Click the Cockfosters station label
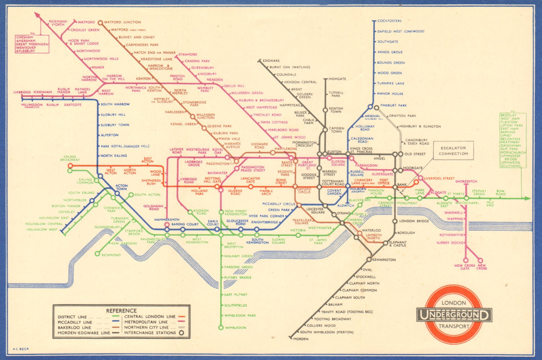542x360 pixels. [389, 21]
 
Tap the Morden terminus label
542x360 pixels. [300, 339]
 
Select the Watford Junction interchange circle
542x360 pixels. [100, 23]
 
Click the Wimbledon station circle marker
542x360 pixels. [221, 327]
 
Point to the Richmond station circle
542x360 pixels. [97, 254]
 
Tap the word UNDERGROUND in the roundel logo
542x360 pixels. [454, 315]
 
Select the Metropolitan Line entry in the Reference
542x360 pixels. [146, 322]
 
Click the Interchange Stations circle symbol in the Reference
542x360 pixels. [182, 333]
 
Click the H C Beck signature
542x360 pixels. [21, 349]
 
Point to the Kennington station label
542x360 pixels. [384, 260]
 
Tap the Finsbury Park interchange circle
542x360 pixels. [376, 108]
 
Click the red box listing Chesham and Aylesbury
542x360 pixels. [32, 44]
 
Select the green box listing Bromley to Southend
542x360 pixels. [513, 140]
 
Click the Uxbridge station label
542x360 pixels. [22, 92]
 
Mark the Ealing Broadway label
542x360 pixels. [70, 158]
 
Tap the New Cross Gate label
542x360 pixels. [465, 267]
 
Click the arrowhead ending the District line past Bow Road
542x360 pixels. [527, 198]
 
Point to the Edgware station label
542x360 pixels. [271, 61]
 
